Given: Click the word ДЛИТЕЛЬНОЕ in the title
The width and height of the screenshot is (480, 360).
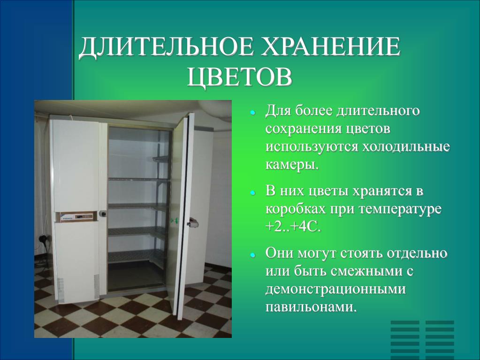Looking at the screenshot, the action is (167, 47).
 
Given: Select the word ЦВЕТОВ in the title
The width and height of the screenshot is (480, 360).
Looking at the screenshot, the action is (239, 77).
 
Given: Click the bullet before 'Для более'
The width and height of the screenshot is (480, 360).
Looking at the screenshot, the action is (252, 112).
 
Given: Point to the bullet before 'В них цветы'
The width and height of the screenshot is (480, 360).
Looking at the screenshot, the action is (252, 193).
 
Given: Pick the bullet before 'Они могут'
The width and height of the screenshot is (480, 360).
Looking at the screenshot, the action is (252, 255).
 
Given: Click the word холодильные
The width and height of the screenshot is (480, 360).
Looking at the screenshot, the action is (406, 146).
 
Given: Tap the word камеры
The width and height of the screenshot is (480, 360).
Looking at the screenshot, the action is (292, 165).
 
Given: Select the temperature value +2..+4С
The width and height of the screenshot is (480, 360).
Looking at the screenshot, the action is (293, 227).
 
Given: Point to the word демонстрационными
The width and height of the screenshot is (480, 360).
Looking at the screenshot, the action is (335, 289).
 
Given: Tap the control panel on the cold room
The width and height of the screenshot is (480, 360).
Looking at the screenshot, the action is (76, 216).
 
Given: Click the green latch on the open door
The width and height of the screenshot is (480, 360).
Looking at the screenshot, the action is (175, 220).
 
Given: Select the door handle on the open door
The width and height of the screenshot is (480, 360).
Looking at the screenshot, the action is (193, 222).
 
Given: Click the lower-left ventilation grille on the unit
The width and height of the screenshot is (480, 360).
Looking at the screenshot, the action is (61, 290).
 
